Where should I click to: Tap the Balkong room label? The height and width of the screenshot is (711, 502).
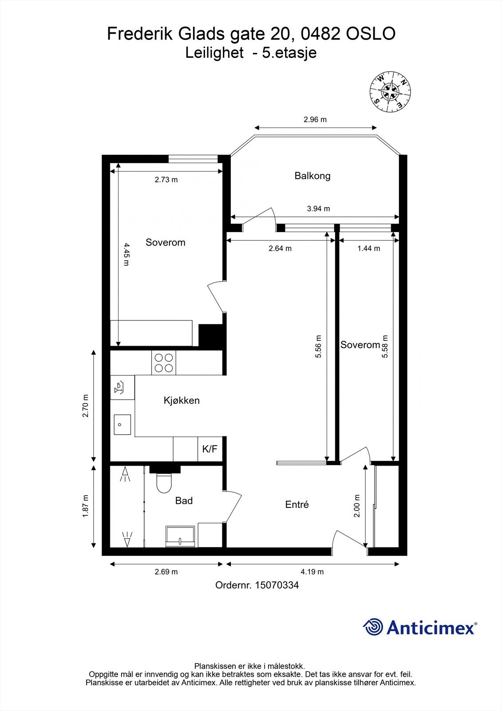(x=312, y=176)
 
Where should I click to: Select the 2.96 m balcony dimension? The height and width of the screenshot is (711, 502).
(x=315, y=120)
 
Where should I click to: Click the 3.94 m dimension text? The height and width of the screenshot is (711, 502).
(x=318, y=208)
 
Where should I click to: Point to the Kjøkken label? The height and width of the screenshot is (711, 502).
(x=182, y=400)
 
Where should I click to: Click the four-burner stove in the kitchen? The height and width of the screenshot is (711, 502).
(x=164, y=362)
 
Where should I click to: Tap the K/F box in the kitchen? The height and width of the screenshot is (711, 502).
(x=209, y=449)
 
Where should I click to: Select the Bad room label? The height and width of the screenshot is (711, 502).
(x=184, y=501)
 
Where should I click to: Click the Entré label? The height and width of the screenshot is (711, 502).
(x=296, y=505)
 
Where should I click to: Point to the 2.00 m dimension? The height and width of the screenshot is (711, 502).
(x=357, y=506)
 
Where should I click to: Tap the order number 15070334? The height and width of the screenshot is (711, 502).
(x=257, y=585)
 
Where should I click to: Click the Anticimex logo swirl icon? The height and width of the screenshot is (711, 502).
(x=373, y=627)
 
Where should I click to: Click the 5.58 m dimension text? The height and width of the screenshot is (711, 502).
(x=385, y=347)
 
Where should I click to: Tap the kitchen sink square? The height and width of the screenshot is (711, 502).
(x=122, y=424)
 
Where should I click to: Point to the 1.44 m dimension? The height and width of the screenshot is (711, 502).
(x=368, y=248)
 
